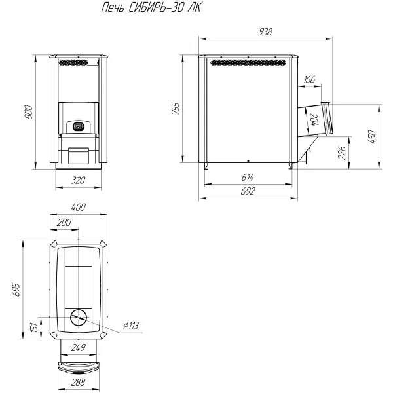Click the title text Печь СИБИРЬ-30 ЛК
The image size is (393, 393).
(x=151, y=8)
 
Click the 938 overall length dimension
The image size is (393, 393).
(x=265, y=32)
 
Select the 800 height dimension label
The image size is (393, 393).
(x=28, y=112)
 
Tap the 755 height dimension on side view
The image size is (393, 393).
(x=176, y=108)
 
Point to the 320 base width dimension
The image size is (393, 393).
(x=78, y=180)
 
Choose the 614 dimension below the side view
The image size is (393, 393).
(x=248, y=178)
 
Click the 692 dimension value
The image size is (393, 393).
(x=248, y=191)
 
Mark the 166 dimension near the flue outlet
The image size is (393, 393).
(x=309, y=79)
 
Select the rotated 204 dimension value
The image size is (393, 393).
(x=314, y=120)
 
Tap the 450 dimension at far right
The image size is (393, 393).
(x=372, y=137)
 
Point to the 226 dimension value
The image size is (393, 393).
(x=342, y=153)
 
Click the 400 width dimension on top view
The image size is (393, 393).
(x=78, y=207)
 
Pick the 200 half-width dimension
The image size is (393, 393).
(x=64, y=222)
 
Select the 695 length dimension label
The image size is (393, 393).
(x=16, y=290)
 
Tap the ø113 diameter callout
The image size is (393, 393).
(x=130, y=326)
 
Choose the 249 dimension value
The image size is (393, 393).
(x=78, y=348)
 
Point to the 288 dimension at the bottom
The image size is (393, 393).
(x=78, y=383)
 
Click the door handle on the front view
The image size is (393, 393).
(x=78, y=126)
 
